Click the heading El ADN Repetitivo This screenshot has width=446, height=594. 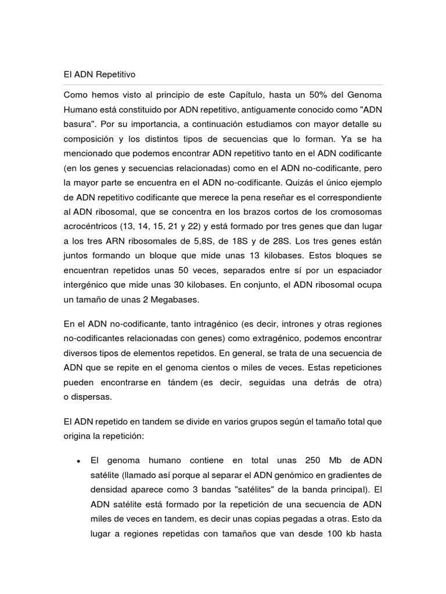(99, 74)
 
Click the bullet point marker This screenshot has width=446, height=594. (78, 461)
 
